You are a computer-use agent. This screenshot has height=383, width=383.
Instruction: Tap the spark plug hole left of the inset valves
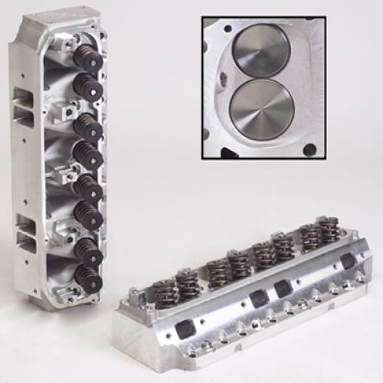click(222, 77)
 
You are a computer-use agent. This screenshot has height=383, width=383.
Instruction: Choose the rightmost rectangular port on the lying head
click(349, 261)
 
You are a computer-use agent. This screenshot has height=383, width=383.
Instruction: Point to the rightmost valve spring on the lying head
click(332, 231)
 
